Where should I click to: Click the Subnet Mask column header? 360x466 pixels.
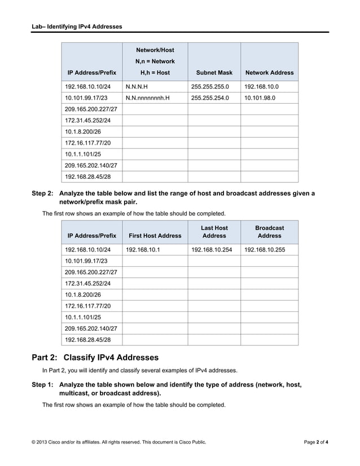click(214, 73)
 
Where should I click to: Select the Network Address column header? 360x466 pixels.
click(269, 73)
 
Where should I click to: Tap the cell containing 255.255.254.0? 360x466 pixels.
click(210, 98)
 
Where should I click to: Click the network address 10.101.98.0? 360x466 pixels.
click(261, 98)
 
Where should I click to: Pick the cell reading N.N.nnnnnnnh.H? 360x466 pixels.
click(147, 98)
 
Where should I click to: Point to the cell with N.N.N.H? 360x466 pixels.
click(137, 87)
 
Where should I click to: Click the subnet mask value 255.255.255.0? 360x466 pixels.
click(210, 87)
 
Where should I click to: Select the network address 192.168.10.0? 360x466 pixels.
click(261, 87)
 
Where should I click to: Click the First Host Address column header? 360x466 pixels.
click(155, 236)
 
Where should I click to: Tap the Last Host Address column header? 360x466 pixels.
click(214, 232)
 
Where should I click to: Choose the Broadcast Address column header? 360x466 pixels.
click(269, 232)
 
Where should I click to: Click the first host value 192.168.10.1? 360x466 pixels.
click(143, 249)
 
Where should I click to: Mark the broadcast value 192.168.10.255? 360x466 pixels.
click(265, 249)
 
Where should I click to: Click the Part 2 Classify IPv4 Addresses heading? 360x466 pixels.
click(95, 358)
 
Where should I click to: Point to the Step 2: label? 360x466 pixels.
click(42, 194)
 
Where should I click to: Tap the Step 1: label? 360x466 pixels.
click(42, 385)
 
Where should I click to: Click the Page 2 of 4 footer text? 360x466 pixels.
click(315, 442)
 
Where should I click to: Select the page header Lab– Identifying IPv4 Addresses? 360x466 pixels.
click(77, 27)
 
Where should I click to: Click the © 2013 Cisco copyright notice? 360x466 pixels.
click(119, 442)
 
